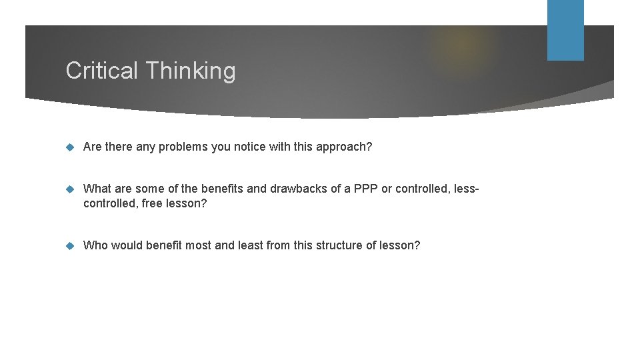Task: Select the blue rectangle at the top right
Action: [565, 30]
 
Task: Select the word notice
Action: [249, 147]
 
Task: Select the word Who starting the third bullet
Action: [95, 245]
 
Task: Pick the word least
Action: [249, 245]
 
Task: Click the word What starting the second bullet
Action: [97, 189]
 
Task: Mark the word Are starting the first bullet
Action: [93, 147]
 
